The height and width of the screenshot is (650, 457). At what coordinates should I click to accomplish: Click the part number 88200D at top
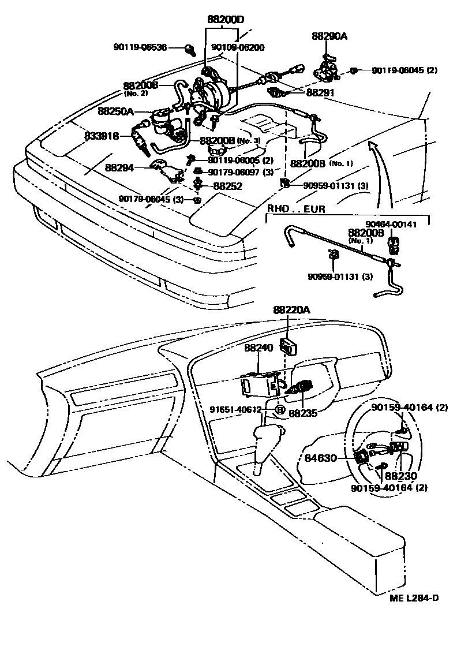tap(226, 19)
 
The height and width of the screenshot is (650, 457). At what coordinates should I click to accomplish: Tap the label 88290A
tap(329, 36)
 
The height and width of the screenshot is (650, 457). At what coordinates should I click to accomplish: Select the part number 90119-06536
tap(140, 47)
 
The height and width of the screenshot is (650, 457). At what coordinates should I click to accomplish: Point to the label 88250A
tap(115, 111)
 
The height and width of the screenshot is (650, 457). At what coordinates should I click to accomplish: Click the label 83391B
tap(102, 136)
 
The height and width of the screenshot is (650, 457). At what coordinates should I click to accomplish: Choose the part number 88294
tap(119, 168)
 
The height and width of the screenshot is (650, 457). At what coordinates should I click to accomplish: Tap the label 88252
tap(228, 186)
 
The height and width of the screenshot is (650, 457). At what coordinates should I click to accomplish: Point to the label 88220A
tap(291, 310)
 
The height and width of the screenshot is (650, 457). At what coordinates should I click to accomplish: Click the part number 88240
tap(258, 348)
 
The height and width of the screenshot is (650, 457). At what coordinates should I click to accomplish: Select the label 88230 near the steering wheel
tap(401, 476)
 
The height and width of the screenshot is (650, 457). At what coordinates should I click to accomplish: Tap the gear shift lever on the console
tap(266, 444)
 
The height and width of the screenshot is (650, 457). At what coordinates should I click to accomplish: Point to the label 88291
tap(321, 92)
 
